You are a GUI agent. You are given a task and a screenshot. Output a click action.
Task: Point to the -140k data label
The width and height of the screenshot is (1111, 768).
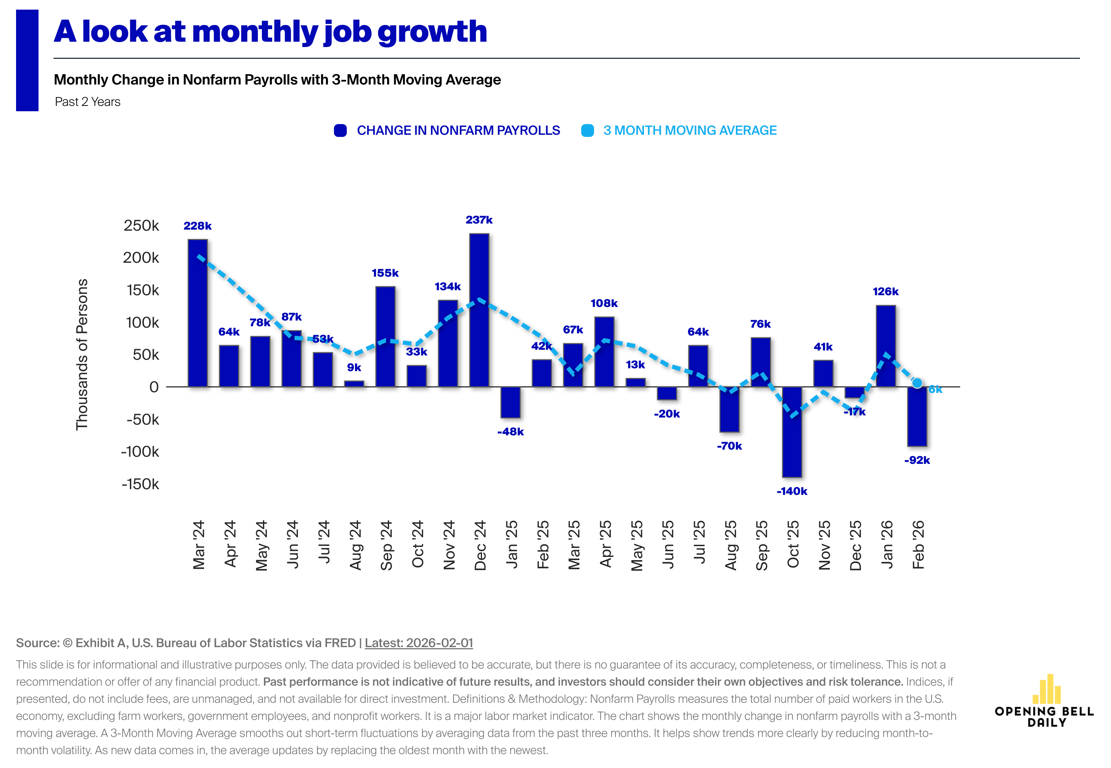[792, 491]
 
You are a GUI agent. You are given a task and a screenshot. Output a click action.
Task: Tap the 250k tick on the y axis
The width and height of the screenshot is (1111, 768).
[141, 226]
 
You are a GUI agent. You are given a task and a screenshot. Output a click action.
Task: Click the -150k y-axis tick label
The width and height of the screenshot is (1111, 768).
[140, 484]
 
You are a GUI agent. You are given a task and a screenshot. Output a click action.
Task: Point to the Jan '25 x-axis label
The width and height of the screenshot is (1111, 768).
[511, 545]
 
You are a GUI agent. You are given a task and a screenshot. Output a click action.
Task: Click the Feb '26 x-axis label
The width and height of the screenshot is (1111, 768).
[918, 545]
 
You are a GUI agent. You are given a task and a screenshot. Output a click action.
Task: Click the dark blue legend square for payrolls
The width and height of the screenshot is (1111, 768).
[340, 130]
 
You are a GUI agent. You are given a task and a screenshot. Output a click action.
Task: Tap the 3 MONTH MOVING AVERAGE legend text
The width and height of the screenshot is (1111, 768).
[690, 130]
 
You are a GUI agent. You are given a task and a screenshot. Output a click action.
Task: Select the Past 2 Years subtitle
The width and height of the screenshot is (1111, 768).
[88, 102]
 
